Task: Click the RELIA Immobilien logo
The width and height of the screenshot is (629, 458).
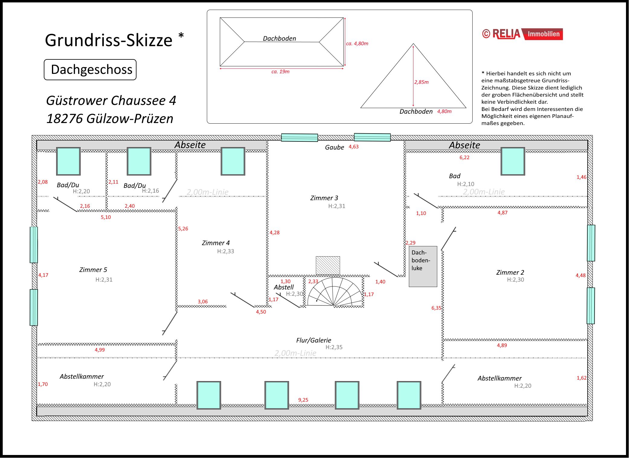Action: click(522, 34)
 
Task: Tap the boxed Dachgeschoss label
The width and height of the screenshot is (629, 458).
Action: click(90, 70)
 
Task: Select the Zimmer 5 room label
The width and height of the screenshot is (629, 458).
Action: click(93, 270)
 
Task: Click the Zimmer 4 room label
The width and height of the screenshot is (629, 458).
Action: click(216, 243)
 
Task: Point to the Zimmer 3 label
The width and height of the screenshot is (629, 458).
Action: click(324, 198)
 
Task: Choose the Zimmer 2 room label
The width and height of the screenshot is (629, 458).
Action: click(510, 273)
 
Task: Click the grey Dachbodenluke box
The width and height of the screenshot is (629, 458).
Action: click(423, 267)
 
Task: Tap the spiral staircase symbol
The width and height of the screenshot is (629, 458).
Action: click(334, 292)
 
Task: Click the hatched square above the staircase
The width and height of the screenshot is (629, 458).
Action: click(328, 265)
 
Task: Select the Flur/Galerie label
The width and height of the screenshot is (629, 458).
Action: click(313, 340)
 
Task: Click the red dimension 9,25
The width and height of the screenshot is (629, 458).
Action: click(303, 400)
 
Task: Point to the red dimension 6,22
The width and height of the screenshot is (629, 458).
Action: click(464, 157)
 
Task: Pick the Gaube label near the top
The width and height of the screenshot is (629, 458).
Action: click(334, 147)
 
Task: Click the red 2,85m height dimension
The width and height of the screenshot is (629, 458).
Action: click(421, 82)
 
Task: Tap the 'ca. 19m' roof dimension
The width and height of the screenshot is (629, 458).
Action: click(280, 72)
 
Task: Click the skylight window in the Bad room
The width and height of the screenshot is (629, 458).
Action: click(513, 161)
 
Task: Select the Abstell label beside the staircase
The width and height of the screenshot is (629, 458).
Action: click(284, 287)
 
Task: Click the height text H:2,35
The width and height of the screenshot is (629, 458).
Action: click(334, 347)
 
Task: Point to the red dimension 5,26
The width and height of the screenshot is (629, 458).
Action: click(183, 229)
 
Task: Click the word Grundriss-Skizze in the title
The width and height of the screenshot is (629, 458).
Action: click(108, 40)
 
